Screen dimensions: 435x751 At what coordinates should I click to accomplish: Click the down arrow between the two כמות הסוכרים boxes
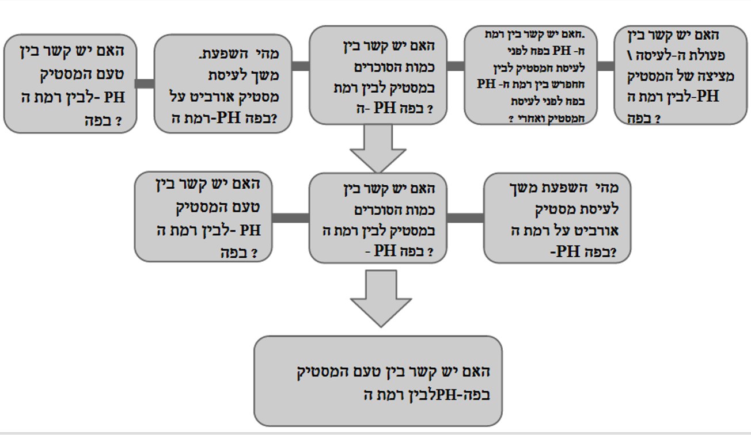378,148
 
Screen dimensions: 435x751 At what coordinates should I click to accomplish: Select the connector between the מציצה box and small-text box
605,66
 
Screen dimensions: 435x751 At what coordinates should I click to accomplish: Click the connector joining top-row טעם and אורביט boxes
145,83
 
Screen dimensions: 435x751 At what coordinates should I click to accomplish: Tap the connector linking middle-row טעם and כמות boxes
290,217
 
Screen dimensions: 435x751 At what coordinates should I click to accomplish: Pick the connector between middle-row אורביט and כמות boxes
465,217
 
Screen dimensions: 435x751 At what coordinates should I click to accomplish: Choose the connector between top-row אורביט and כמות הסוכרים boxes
301,66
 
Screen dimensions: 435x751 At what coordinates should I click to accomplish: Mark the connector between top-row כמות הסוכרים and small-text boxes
456,66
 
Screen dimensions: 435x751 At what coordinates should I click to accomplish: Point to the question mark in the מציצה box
656,120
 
